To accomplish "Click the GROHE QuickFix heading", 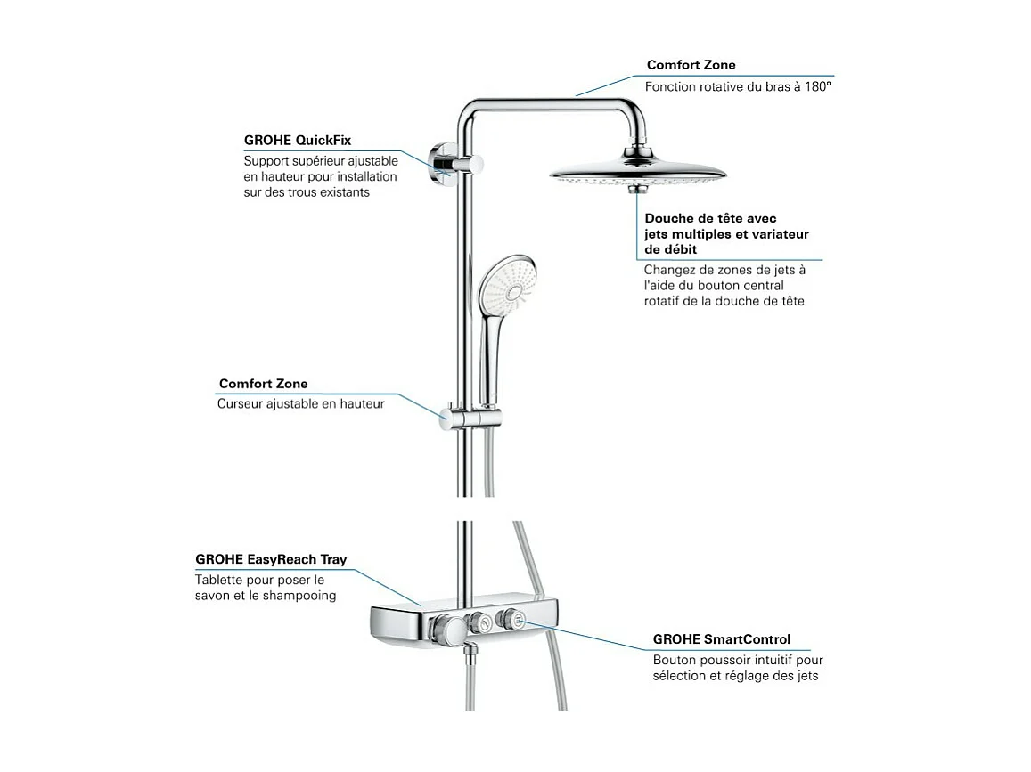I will pyautogui.click(x=298, y=141).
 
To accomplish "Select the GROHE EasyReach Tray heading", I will pyautogui.click(x=271, y=560).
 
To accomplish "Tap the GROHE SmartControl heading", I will pyautogui.click(x=721, y=639).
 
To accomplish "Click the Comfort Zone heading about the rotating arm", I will pyautogui.click(x=691, y=65).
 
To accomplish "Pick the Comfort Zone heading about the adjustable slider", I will pyautogui.click(x=263, y=384).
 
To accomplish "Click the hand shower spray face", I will pyautogui.click(x=505, y=280).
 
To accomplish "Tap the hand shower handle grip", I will pyautogui.click(x=492, y=356).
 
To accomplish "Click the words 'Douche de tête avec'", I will pyautogui.click(x=711, y=218).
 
